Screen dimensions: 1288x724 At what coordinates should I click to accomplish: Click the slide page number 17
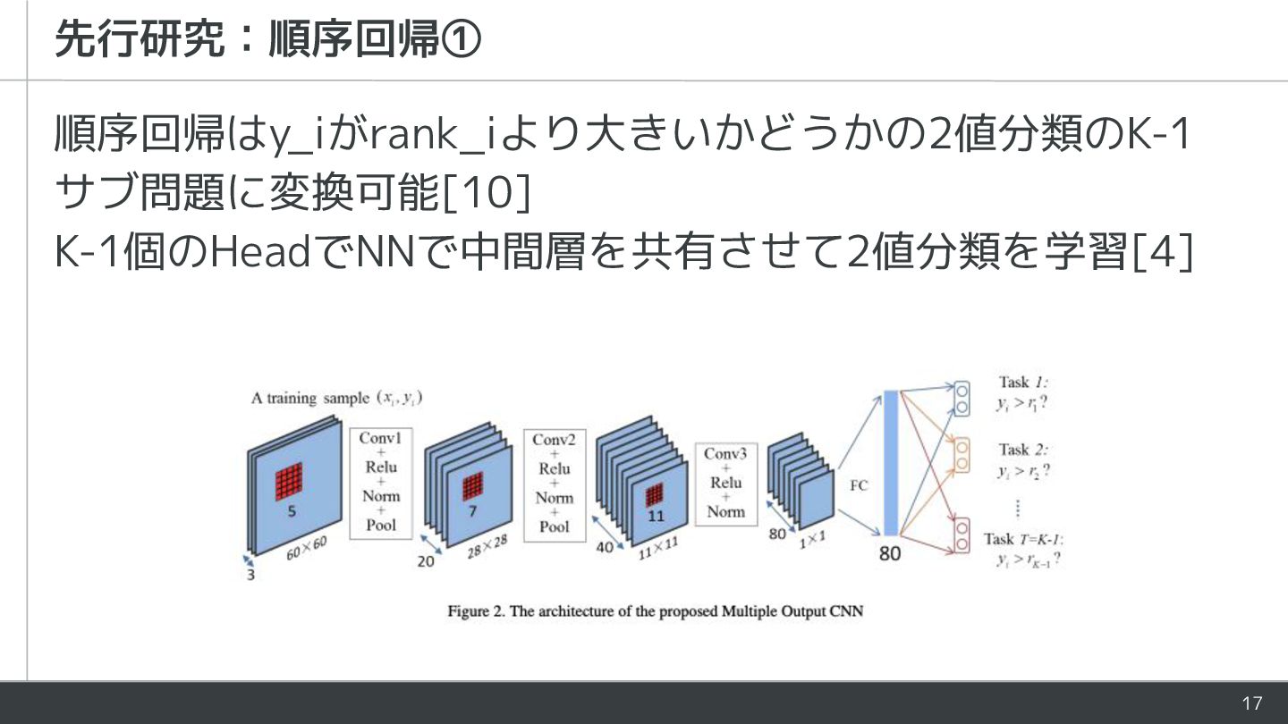pyautogui.click(x=1251, y=703)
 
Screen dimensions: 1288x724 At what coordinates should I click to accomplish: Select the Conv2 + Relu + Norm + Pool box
pyautogui.click(x=555, y=483)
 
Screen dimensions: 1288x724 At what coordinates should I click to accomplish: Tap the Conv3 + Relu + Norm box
pyautogui.click(x=725, y=483)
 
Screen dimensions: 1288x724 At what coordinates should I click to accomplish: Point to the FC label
pyautogui.click(x=859, y=485)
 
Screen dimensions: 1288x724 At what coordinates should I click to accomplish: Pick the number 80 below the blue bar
pyautogui.click(x=890, y=553)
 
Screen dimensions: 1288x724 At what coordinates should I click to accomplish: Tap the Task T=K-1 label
pyautogui.click(x=1023, y=539)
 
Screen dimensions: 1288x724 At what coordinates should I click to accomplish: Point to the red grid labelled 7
pyautogui.click(x=472, y=486)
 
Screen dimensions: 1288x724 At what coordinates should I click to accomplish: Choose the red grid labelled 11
pyautogui.click(x=656, y=494)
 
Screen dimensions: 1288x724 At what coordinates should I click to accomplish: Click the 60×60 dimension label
pyautogui.click(x=306, y=548)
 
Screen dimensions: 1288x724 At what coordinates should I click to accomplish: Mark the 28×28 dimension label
pyautogui.click(x=487, y=547)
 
